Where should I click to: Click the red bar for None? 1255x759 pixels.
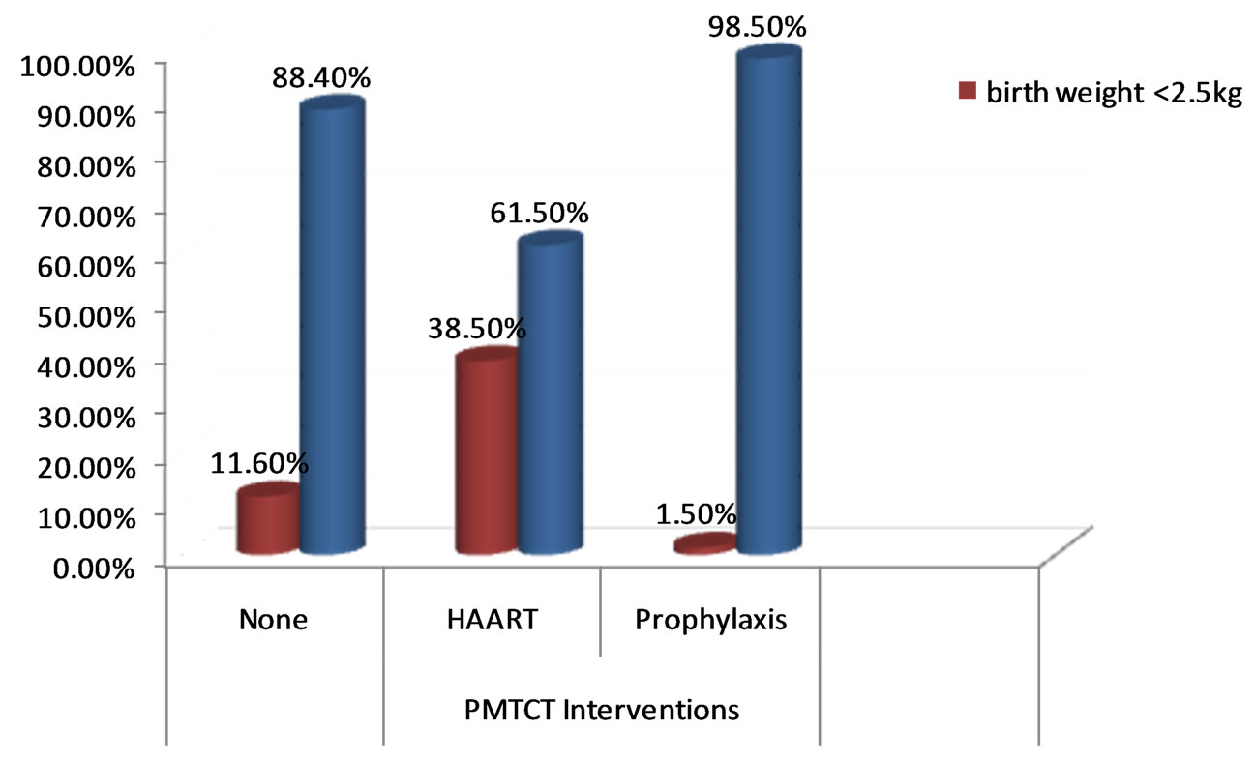coord(268,522)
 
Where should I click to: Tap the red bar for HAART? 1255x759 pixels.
coord(486,454)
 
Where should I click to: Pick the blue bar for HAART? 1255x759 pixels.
coord(550,396)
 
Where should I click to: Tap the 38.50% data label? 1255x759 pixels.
coord(476,328)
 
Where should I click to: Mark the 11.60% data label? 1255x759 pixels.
coord(259,463)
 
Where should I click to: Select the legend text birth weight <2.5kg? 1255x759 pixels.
coord(1113,93)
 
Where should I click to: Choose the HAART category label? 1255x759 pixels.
coord(492,620)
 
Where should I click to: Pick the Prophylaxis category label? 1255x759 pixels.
coord(710,620)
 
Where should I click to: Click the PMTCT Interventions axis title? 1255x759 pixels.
coord(601,711)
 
